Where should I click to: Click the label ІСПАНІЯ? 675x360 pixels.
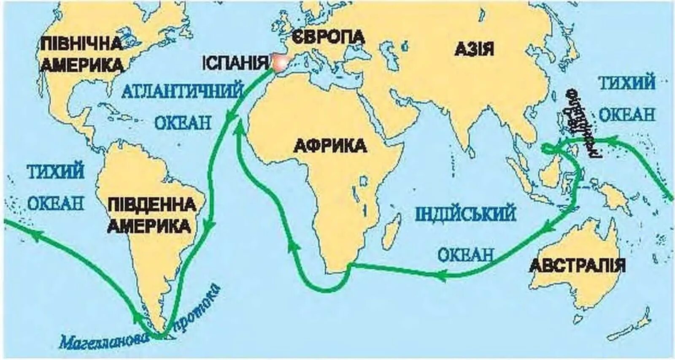pos(235,63)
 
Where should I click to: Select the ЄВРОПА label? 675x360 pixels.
pos(328,36)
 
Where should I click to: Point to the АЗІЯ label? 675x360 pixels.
pos(474,49)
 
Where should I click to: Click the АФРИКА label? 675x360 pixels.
pos(330,146)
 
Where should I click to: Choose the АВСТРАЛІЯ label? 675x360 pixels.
pos(577,265)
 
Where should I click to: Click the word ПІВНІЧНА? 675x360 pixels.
pos(81,43)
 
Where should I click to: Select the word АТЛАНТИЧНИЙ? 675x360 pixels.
pos(183,91)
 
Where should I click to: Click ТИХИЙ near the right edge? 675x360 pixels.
pos(627,83)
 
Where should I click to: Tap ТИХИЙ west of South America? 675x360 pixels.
pos(56,172)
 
